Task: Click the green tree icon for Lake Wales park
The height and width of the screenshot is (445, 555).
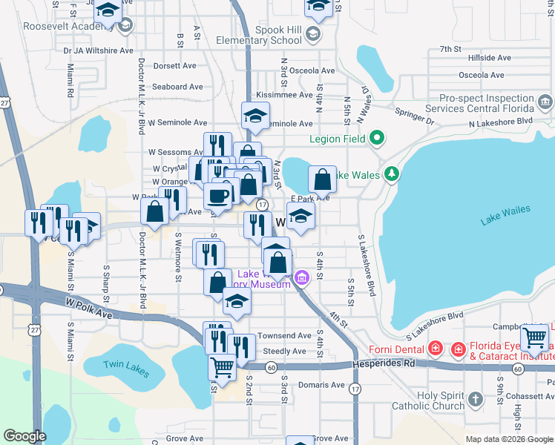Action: pyautogui.click(x=393, y=175)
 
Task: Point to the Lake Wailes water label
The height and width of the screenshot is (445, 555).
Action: pyautogui.click(x=505, y=215)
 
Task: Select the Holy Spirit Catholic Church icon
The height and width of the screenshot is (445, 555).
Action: pyautogui.click(x=476, y=400)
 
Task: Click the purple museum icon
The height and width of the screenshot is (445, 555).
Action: pyautogui.click(x=301, y=278)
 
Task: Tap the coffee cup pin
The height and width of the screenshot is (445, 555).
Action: pyautogui.click(x=217, y=195)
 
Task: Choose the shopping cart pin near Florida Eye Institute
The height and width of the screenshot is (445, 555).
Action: pyautogui.click(x=534, y=338)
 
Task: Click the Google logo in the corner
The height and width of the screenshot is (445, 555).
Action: pyautogui.click(x=24, y=436)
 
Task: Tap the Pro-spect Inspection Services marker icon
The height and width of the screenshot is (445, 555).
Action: pyautogui.click(x=545, y=101)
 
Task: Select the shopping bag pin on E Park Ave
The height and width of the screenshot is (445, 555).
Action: pyautogui.click(x=323, y=179)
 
